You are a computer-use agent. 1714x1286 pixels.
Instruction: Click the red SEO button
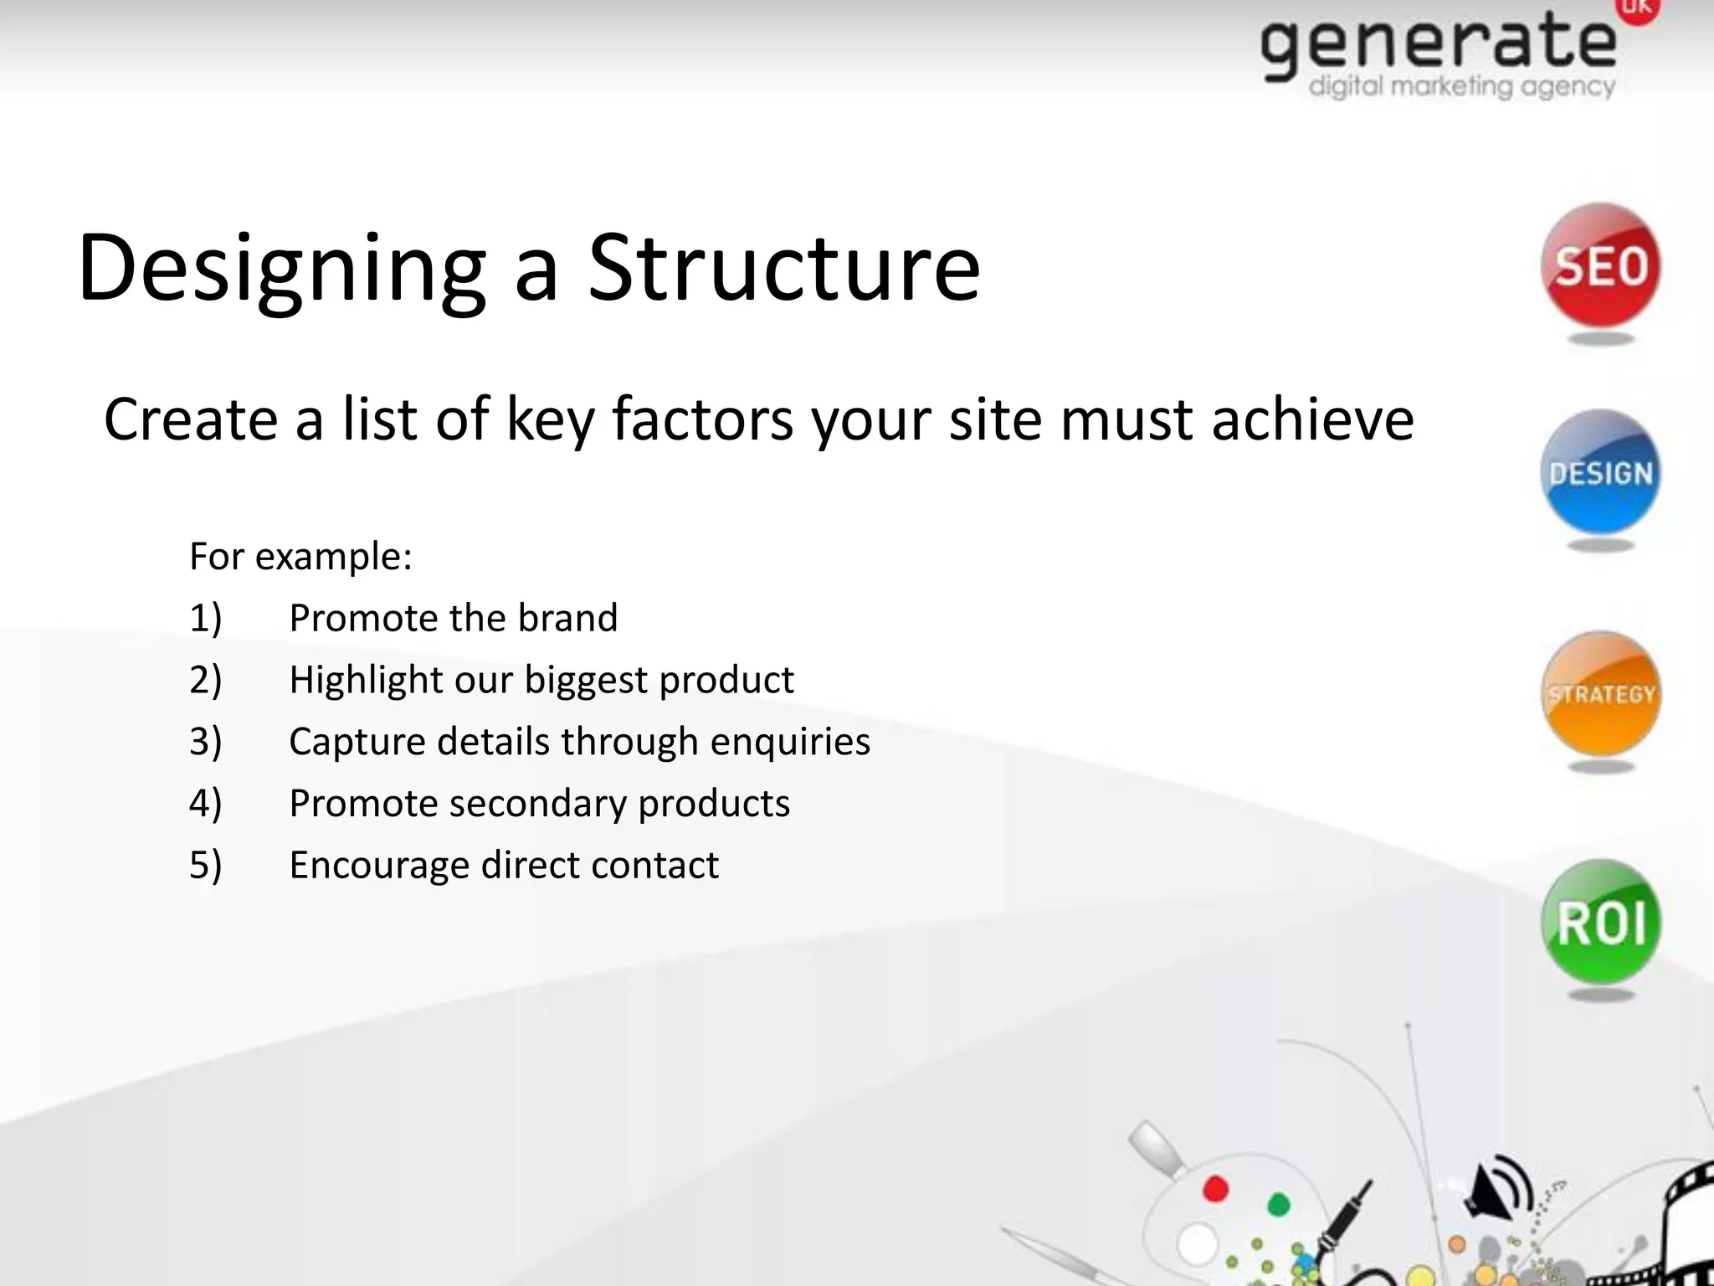pyautogui.click(x=1600, y=266)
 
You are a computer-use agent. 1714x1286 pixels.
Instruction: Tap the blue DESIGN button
pyautogui.click(x=1600, y=472)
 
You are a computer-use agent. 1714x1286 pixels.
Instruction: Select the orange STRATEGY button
pyautogui.click(x=1600, y=694)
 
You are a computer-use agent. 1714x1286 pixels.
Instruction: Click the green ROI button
pyautogui.click(x=1600, y=923)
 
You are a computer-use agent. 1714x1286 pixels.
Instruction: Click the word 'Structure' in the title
pyautogui.click(x=783, y=268)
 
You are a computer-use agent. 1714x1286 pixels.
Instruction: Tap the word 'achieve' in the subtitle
pyautogui.click(x=1312, y=419)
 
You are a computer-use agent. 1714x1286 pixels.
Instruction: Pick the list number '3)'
pyautogui.click(x=206, y=742)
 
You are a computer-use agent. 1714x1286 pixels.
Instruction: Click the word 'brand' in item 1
pyautogui.click(x=567, y=618)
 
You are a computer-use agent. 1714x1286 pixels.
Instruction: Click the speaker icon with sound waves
pyautogui.click(x=1498, y=1187)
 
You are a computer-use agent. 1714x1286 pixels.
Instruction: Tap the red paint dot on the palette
pyautogui.click(x=1215, y=1189)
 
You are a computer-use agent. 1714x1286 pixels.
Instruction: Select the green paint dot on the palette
pyautogui.click(x=1278, y=1204)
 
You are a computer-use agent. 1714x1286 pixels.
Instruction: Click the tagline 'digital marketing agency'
pyautogui.click(x=1461, y=86)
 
